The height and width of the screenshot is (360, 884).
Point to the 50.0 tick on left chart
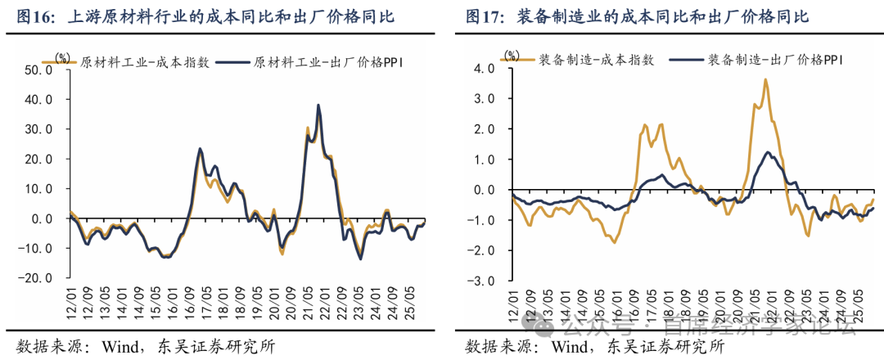click(x=38, y=70)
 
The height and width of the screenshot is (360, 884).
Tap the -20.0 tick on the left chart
click(x=37, y=278)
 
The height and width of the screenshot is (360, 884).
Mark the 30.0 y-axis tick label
click(x=38, y=129)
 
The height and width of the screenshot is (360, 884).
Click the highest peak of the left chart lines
click(x=318, y=105)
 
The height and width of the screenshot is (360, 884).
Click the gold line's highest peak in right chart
click(x=764, y=79)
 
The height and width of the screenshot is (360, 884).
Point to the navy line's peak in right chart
click(x=768, y=152)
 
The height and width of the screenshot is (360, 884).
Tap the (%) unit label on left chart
click(x=61, y=56)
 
